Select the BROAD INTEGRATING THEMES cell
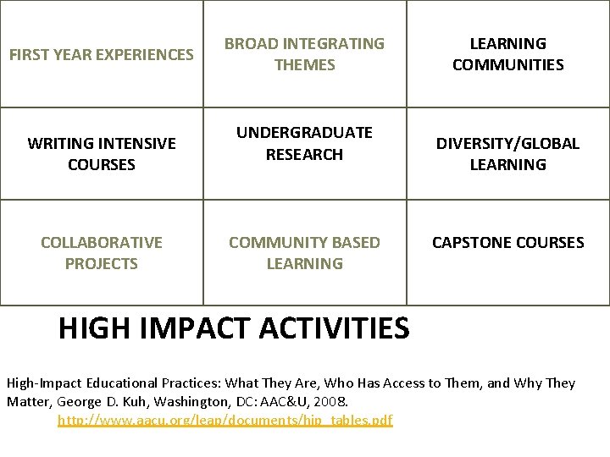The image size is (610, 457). pos(304,53)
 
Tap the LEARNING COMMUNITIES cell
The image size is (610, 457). pos(507,53)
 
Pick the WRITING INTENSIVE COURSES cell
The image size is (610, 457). pos(101,153)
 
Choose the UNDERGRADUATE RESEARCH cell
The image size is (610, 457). pos(304,143)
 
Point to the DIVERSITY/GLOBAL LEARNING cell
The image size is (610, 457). pos(507,153)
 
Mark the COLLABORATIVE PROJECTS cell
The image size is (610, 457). pos(101,252)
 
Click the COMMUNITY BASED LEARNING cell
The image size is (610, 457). pos(304,252)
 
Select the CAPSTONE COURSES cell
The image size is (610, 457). pos(507,243)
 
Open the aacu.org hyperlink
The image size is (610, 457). pos(225,420)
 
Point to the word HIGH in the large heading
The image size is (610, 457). pos(93,328)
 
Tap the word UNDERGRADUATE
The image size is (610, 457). pos(304,133)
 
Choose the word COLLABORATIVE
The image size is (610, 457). pos(101,243)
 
